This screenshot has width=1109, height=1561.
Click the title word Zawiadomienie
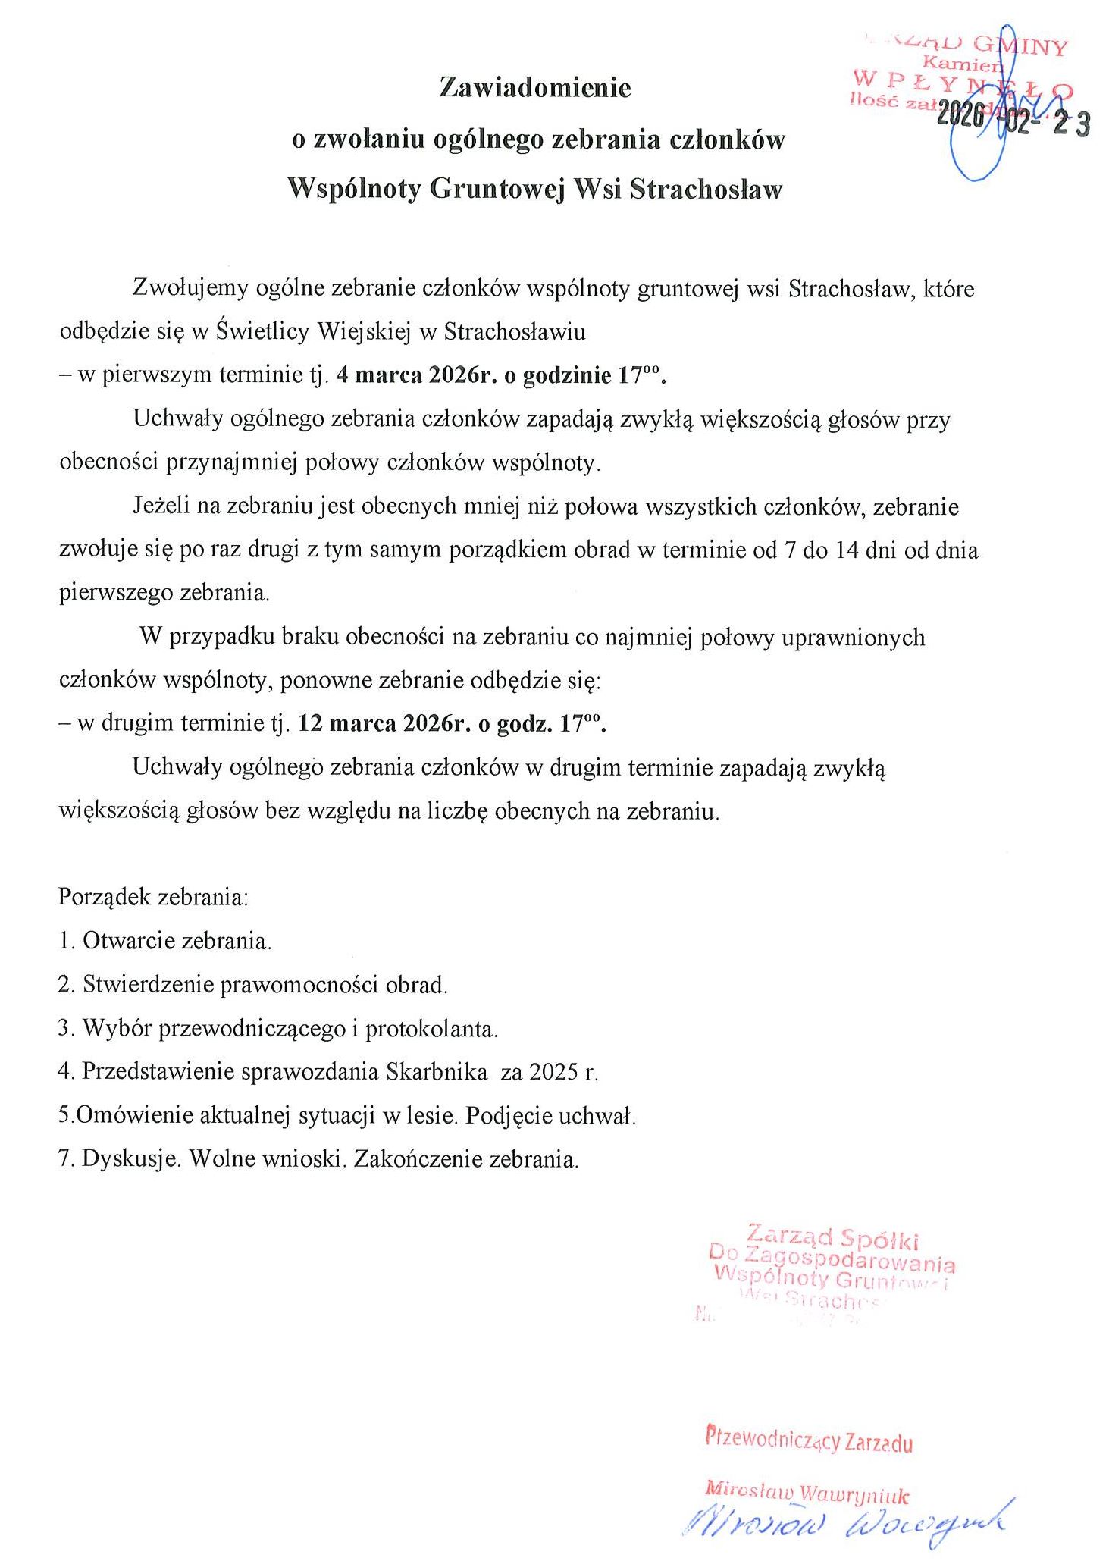pyautogui.click(x=534, y=88)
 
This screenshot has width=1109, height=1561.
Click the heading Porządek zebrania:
pyautogui.click(x=153, y=897)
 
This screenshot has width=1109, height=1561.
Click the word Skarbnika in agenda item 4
pyautogui.click(x=436, y=1072)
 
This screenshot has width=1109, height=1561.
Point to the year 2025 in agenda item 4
pyautogui.click(x=554, y=1072)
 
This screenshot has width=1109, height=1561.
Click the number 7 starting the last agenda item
pyautogui.click(x=64, y=1159)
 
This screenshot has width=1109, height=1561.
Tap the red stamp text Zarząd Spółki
pyautogui.click(x=832, y=1237)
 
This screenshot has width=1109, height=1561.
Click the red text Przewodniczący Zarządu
pyautogui.click(x=808, y=1439)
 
